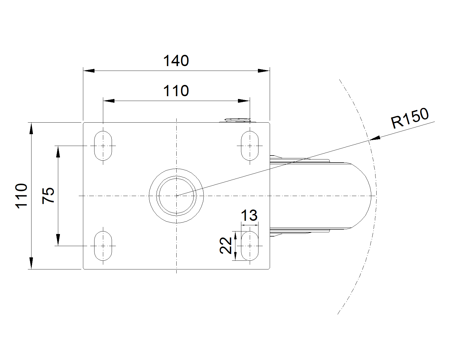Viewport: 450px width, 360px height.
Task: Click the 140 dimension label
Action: click(x=176, y=61)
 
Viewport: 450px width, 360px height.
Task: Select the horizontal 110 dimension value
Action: click(x=176, y=91)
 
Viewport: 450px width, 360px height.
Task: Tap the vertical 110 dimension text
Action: click(x=21, y=196)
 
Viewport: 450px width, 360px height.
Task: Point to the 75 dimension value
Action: click(x=48, y=196)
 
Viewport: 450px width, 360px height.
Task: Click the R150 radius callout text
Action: click(x=410, y=118)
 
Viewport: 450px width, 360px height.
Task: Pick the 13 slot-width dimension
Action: click(x=249, y=215)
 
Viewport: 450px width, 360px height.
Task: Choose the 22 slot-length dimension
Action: click(x=226, y=246)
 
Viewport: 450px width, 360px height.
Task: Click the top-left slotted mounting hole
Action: click(x=103, y=146)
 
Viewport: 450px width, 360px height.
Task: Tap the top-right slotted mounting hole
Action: click(x=250, y=146)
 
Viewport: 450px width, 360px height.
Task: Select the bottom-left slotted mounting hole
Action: click(x=103, y=246)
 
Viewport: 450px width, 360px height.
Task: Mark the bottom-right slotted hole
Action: click(x=250, y=246)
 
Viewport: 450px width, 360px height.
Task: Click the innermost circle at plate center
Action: click(x=177, y=196)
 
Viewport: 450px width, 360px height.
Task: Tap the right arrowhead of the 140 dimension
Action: click(x=264, y=71)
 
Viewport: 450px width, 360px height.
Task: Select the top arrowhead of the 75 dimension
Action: click(x=58, y=151)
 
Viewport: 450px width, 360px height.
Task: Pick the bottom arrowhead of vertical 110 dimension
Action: click(x=31, y=263)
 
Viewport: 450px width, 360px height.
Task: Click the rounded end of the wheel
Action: click(x=361, y=196)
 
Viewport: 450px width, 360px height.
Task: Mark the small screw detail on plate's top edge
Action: click(x=238, y=120)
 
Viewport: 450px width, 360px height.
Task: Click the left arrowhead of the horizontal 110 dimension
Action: click(x=109, y=101)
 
